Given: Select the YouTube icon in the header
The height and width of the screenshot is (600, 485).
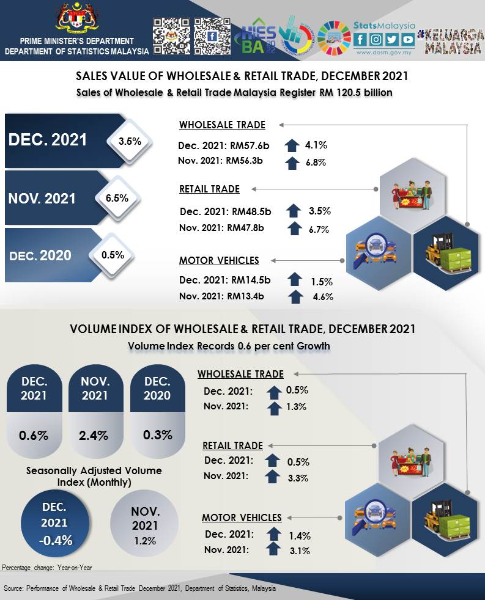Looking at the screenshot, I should [407, 40].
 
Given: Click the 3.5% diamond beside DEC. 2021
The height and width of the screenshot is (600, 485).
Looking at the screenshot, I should [130, 141].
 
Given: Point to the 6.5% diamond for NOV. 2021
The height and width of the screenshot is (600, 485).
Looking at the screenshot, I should [116, 198].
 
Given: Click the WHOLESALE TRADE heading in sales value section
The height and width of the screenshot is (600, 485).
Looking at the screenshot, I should [222, 125].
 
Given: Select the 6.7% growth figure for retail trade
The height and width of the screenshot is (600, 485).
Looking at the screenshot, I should [319, 229].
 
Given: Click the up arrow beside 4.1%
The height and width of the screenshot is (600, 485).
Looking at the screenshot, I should [294, 145].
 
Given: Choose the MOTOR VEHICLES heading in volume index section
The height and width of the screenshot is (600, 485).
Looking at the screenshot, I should [242, 518].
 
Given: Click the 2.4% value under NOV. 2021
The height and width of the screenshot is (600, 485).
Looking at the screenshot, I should [94, 436].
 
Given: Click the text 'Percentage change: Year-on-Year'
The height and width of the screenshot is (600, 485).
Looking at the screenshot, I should [47, 568].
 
